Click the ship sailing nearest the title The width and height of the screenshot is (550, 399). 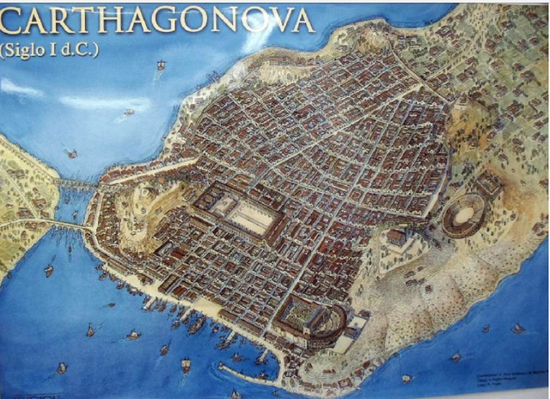(162, 65)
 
